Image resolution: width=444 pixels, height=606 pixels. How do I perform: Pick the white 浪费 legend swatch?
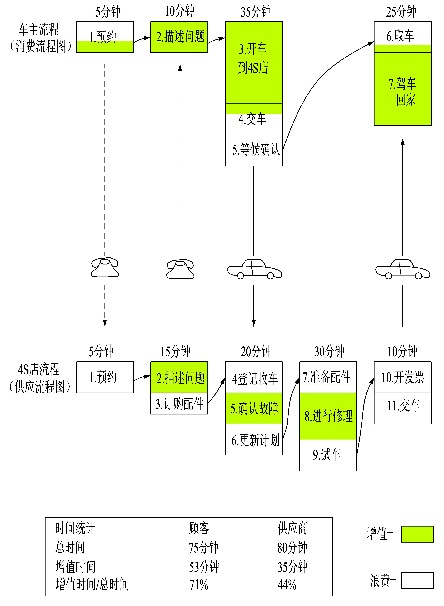point(417,580)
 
